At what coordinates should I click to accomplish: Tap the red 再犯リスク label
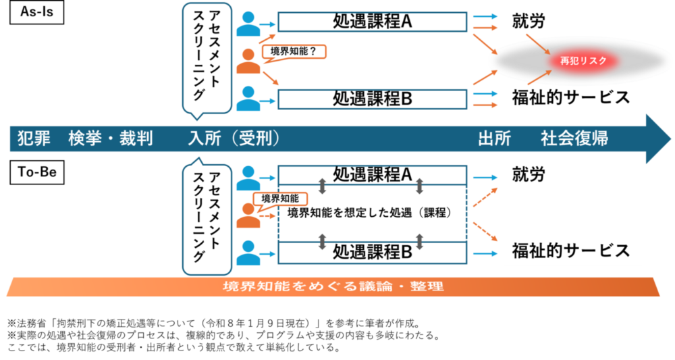[579, 61]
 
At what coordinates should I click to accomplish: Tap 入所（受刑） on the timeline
[234, 139]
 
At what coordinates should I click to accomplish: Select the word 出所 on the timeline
[494, 139]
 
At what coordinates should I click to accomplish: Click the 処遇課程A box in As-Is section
[373, 22]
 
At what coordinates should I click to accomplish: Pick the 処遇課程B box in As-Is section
[373, 99]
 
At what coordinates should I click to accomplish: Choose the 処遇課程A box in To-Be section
[373, 175]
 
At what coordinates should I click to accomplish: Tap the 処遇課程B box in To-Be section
[373, 253]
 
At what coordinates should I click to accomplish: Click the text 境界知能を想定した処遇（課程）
[369, 213]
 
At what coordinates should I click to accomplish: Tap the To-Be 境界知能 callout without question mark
[279, 199]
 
